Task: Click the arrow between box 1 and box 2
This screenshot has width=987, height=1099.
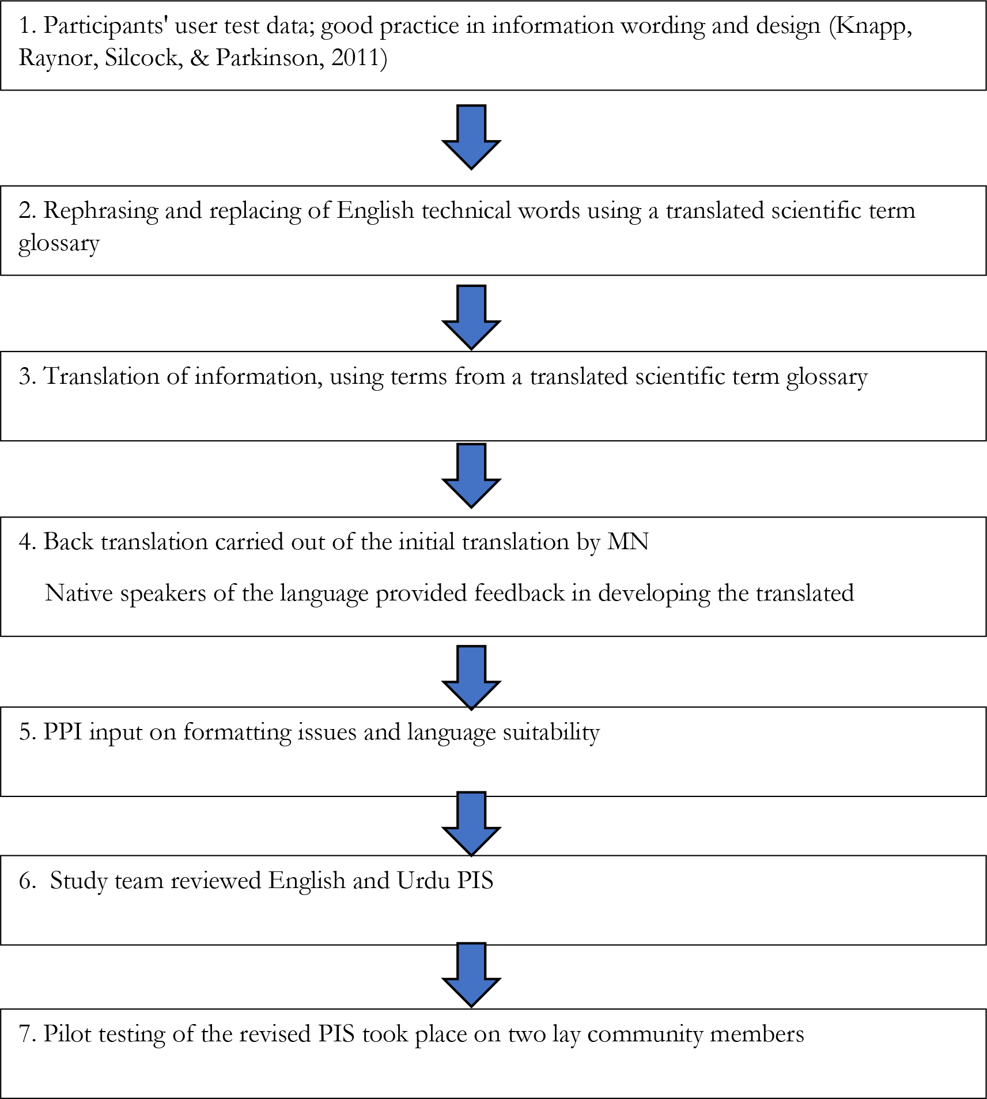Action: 471,137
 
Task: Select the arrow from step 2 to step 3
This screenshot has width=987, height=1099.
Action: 471,317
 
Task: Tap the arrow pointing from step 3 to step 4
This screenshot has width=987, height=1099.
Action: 471,475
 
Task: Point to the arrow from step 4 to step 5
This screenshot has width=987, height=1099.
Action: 471,677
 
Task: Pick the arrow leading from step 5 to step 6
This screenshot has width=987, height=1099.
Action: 471,824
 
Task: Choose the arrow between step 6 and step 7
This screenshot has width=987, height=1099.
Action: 471,975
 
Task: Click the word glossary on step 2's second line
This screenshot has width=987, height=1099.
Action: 59,244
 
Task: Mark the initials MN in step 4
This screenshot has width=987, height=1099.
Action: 628,542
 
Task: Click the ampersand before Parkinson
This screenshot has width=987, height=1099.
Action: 199,58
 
